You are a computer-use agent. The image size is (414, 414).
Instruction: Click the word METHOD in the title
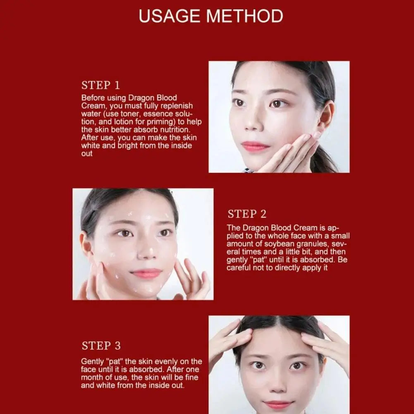point(244,16)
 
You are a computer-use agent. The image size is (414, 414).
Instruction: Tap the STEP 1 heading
point(101,86)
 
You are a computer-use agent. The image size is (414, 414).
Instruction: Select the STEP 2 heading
point(247,214)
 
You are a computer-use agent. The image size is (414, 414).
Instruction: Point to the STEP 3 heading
point(101,346)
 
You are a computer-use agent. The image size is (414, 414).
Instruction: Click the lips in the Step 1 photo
point(255,146)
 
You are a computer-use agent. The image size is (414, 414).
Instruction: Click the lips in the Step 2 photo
point(146,273)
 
